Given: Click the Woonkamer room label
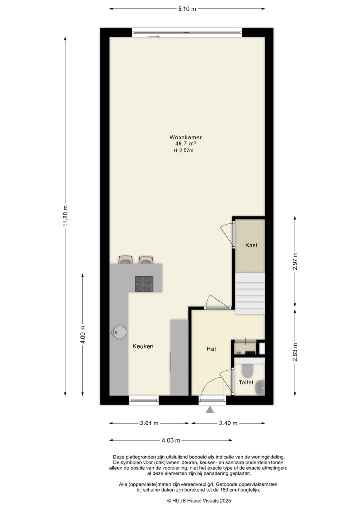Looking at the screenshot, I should coord(185,137).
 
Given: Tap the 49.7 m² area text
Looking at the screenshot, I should coord(185,144).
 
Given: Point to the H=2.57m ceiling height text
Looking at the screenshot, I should coord(183,150).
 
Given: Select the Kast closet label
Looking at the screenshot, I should coord(251,245).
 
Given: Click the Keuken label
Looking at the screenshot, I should coord(143,346).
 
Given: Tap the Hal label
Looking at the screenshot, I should coord(211,349).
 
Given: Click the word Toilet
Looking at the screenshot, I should coord(246,382).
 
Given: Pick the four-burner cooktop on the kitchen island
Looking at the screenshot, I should coord(144,283).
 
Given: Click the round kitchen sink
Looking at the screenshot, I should coord(119,332).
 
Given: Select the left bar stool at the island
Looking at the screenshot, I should coord(126,259).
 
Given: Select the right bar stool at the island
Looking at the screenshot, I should coord(146,259).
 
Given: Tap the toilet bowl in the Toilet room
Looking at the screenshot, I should coord(246,371).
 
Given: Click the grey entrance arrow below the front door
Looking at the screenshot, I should coord(210,410).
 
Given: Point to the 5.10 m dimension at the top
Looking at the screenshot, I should coord(186,8).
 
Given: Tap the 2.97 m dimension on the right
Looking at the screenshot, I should coord(295,262).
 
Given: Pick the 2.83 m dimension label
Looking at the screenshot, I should coord(295,352).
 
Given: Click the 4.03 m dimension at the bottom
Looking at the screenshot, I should coord(170,440).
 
